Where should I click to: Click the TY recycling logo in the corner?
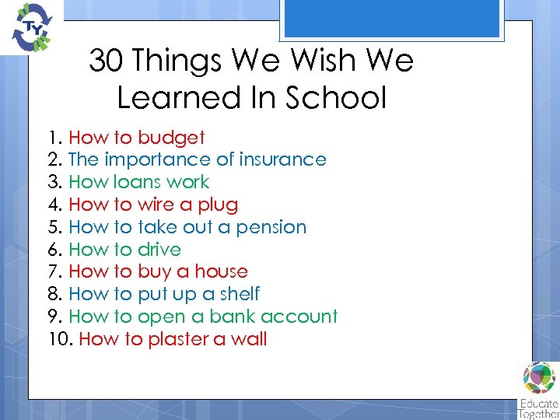(29, 27)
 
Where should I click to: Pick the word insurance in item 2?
(283, 160)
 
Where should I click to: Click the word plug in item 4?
(219, 205)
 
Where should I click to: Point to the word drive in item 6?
(159, 250)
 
